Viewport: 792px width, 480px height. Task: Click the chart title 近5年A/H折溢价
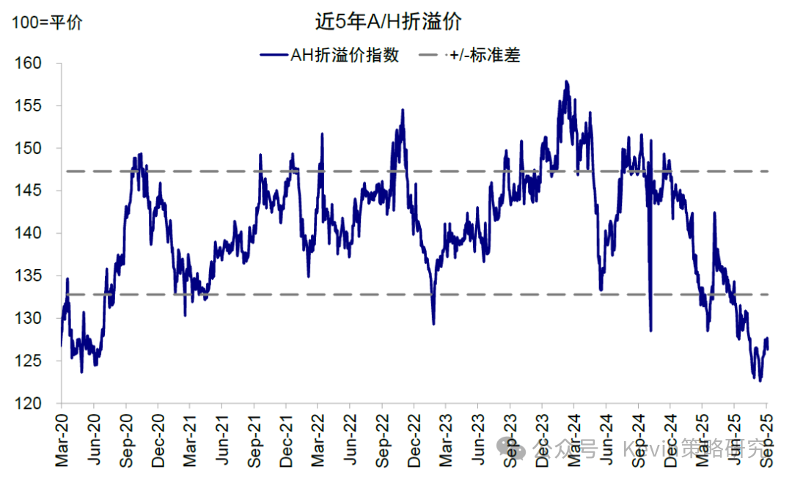coord(388,21)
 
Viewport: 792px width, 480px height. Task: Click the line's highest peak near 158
coord(566,81)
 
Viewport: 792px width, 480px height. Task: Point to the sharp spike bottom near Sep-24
coord(650,331)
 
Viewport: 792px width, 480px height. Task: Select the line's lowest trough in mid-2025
coord(760,380)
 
